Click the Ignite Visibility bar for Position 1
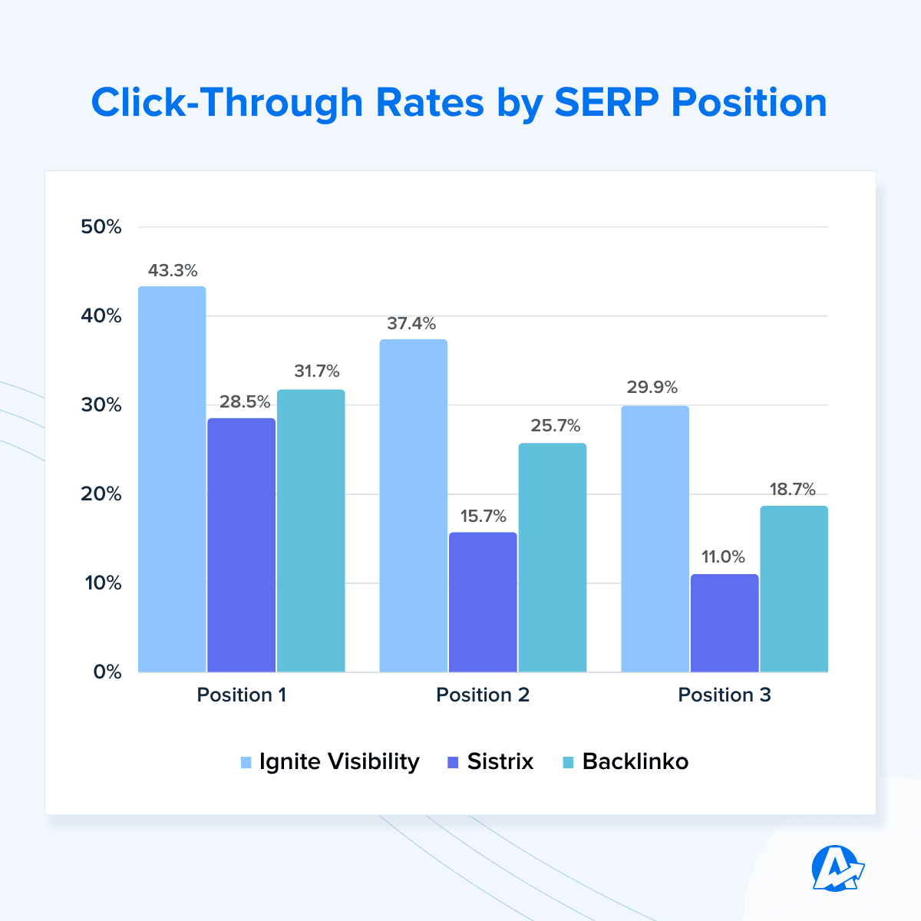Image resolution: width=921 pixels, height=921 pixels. pos(172,480)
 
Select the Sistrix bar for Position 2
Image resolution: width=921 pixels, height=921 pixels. pos(483,602)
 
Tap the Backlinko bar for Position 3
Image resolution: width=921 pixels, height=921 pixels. pos(794,589)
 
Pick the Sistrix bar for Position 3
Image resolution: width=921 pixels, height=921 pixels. pos(725,623)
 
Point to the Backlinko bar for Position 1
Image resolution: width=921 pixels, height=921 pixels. pos(311,531)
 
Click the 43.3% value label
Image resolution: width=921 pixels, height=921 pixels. pos(173,270)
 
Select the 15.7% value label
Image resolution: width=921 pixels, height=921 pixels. pos(483,516)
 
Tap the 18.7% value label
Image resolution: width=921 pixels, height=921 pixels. pos(792,490)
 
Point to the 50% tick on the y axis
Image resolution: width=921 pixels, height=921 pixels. pos(101,227)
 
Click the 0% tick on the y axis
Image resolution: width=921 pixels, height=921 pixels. pos(107,672)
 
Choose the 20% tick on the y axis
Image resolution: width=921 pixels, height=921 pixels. pos(101,494)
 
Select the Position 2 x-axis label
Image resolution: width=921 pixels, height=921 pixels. pos(483,695)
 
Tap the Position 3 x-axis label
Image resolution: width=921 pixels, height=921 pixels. pos(725,695)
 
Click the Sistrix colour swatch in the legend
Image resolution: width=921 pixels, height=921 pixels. pos(452,763)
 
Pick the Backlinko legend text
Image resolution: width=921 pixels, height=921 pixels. pos(635,762)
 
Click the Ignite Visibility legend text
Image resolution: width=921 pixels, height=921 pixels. pos(339,762)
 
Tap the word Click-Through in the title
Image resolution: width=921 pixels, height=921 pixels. pos(226,103)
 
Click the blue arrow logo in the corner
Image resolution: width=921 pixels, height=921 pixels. pos(837,868)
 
